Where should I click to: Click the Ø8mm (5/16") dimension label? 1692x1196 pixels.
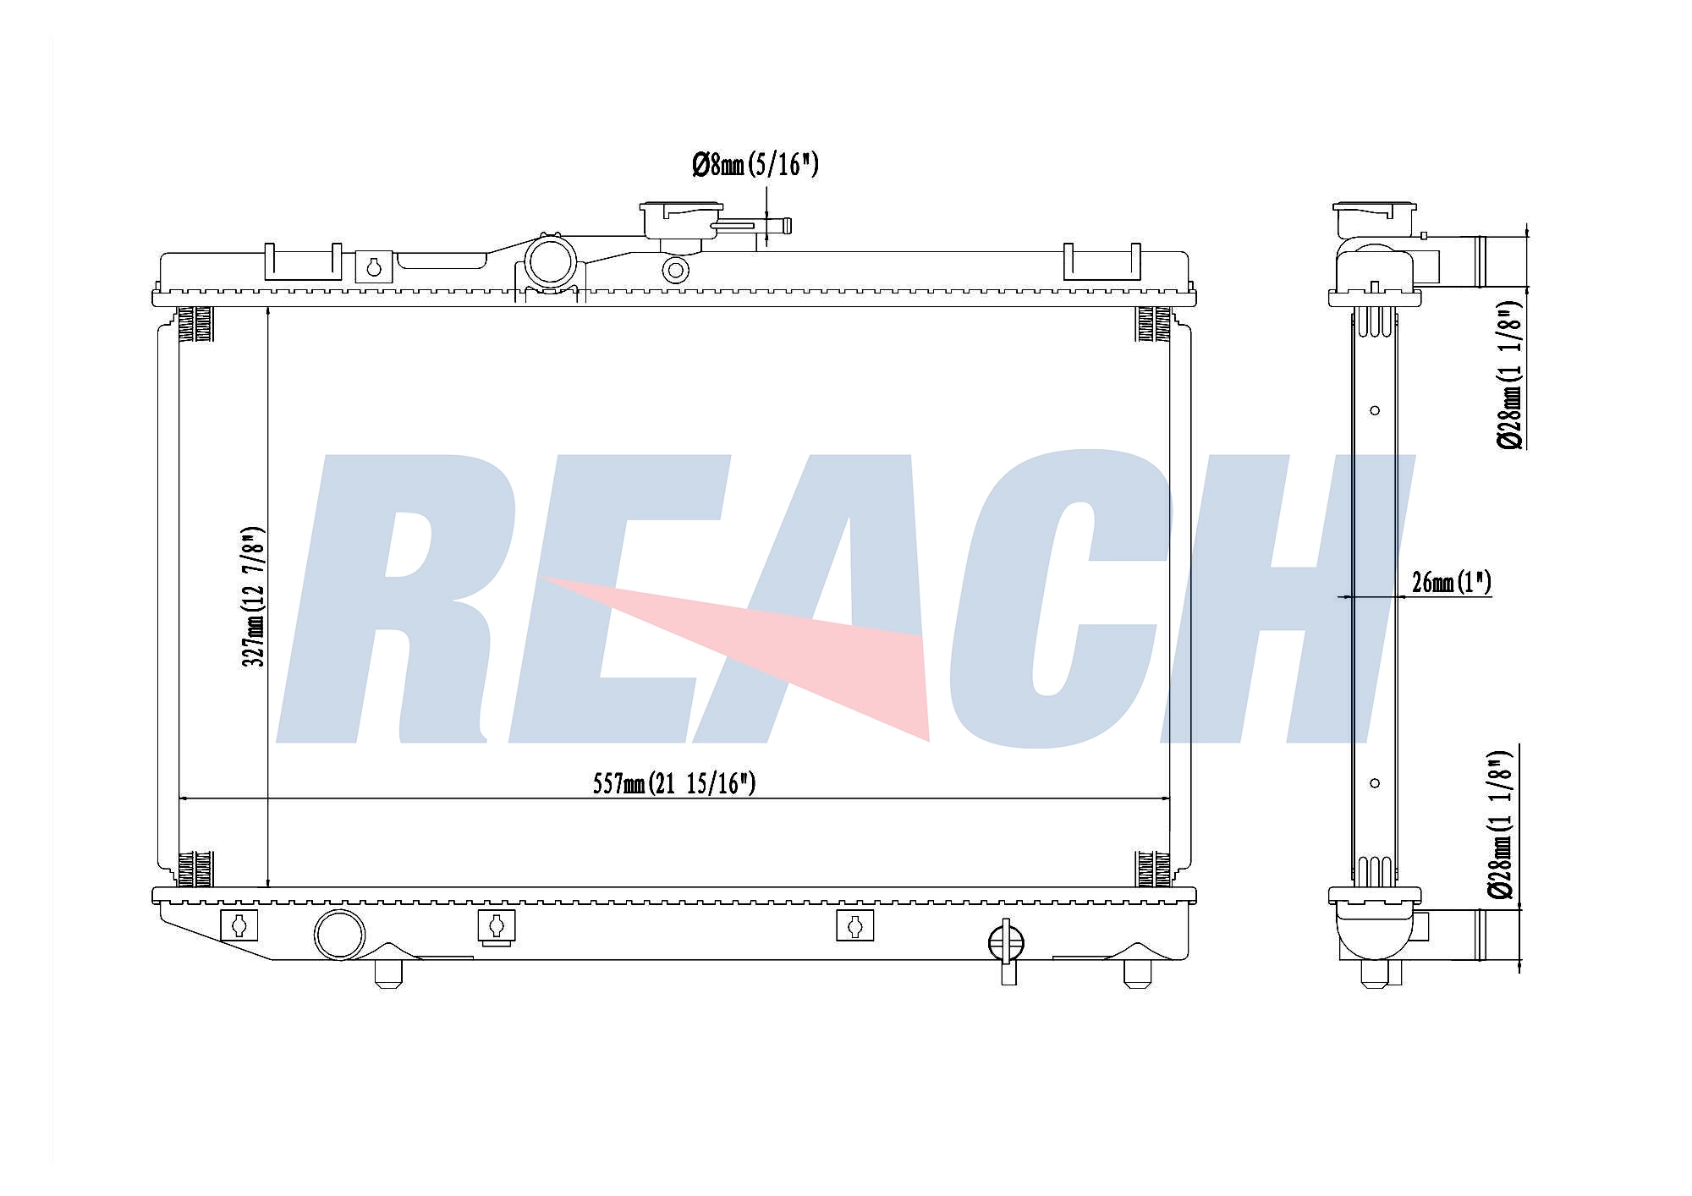tap(755, 164)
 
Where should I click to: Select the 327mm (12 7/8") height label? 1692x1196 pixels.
tap(254, 596)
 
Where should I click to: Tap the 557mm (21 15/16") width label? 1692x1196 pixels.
tap(674, 784)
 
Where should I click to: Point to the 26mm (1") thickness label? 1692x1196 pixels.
tap(1452, 582)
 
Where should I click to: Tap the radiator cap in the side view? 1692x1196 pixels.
tap(1374, 220)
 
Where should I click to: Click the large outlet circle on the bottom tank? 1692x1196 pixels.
tap(339, 935)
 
